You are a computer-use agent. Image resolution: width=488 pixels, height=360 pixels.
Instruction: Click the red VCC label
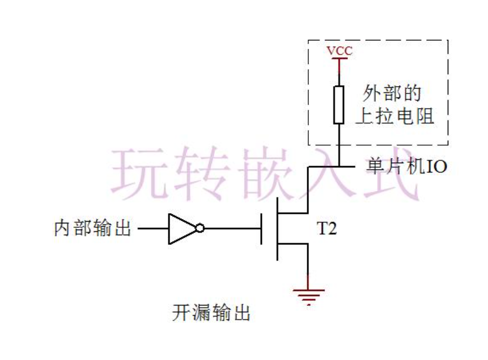tap(339, 52)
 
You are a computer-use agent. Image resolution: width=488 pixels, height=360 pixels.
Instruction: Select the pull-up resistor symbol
tap(339, 105)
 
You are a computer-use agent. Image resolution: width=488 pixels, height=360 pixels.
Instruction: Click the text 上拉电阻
tap(394, 117)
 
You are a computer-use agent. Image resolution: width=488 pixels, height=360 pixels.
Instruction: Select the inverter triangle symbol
tap(180, 229)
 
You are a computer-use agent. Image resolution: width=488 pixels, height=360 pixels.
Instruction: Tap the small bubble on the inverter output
tap(200, 229)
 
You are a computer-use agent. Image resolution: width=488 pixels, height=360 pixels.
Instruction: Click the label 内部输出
tap(93, 229)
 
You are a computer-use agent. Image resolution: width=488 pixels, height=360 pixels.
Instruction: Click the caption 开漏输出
tap(211, 313)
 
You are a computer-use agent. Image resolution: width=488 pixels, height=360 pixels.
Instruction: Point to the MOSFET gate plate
tap(262, 229)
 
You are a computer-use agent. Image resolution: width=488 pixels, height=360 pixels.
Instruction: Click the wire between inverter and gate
tap(232, 229)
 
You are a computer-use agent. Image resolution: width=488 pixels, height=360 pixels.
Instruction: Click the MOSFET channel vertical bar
tap(278, 229)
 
